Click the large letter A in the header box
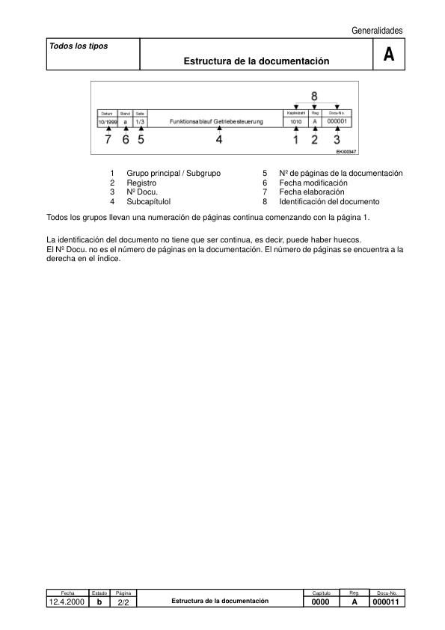[388, 55]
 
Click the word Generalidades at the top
[376, 30]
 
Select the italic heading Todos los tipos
[79, 46]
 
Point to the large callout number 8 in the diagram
[315, 96]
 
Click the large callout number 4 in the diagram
[219, 138]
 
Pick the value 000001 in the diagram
[340, 120]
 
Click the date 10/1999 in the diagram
[108, 121]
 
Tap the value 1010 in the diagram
[295, 120]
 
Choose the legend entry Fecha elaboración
[312, 192]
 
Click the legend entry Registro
[141, 183]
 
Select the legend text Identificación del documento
[329, 201]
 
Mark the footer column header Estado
[99, 592]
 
